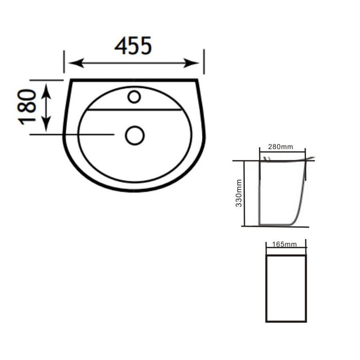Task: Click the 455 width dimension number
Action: pyautogui.click(x=133, y=45)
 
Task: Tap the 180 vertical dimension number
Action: pyautogui.click(x=27, y=107)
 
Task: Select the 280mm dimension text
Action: pyautogui.click(x=280, y=147)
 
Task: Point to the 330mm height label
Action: pyautogui.click(x=239, y=193)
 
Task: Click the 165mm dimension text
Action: pyautogui.click(x=284, y=244)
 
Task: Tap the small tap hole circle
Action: pyautogui.click(x=134, y=97)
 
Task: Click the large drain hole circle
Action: pyautogui.click(x=135, y=135)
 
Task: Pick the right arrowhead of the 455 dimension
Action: pyautogui.click(x=191, y=63)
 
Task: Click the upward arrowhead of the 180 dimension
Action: pyautogui.click(x=46, y=91)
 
